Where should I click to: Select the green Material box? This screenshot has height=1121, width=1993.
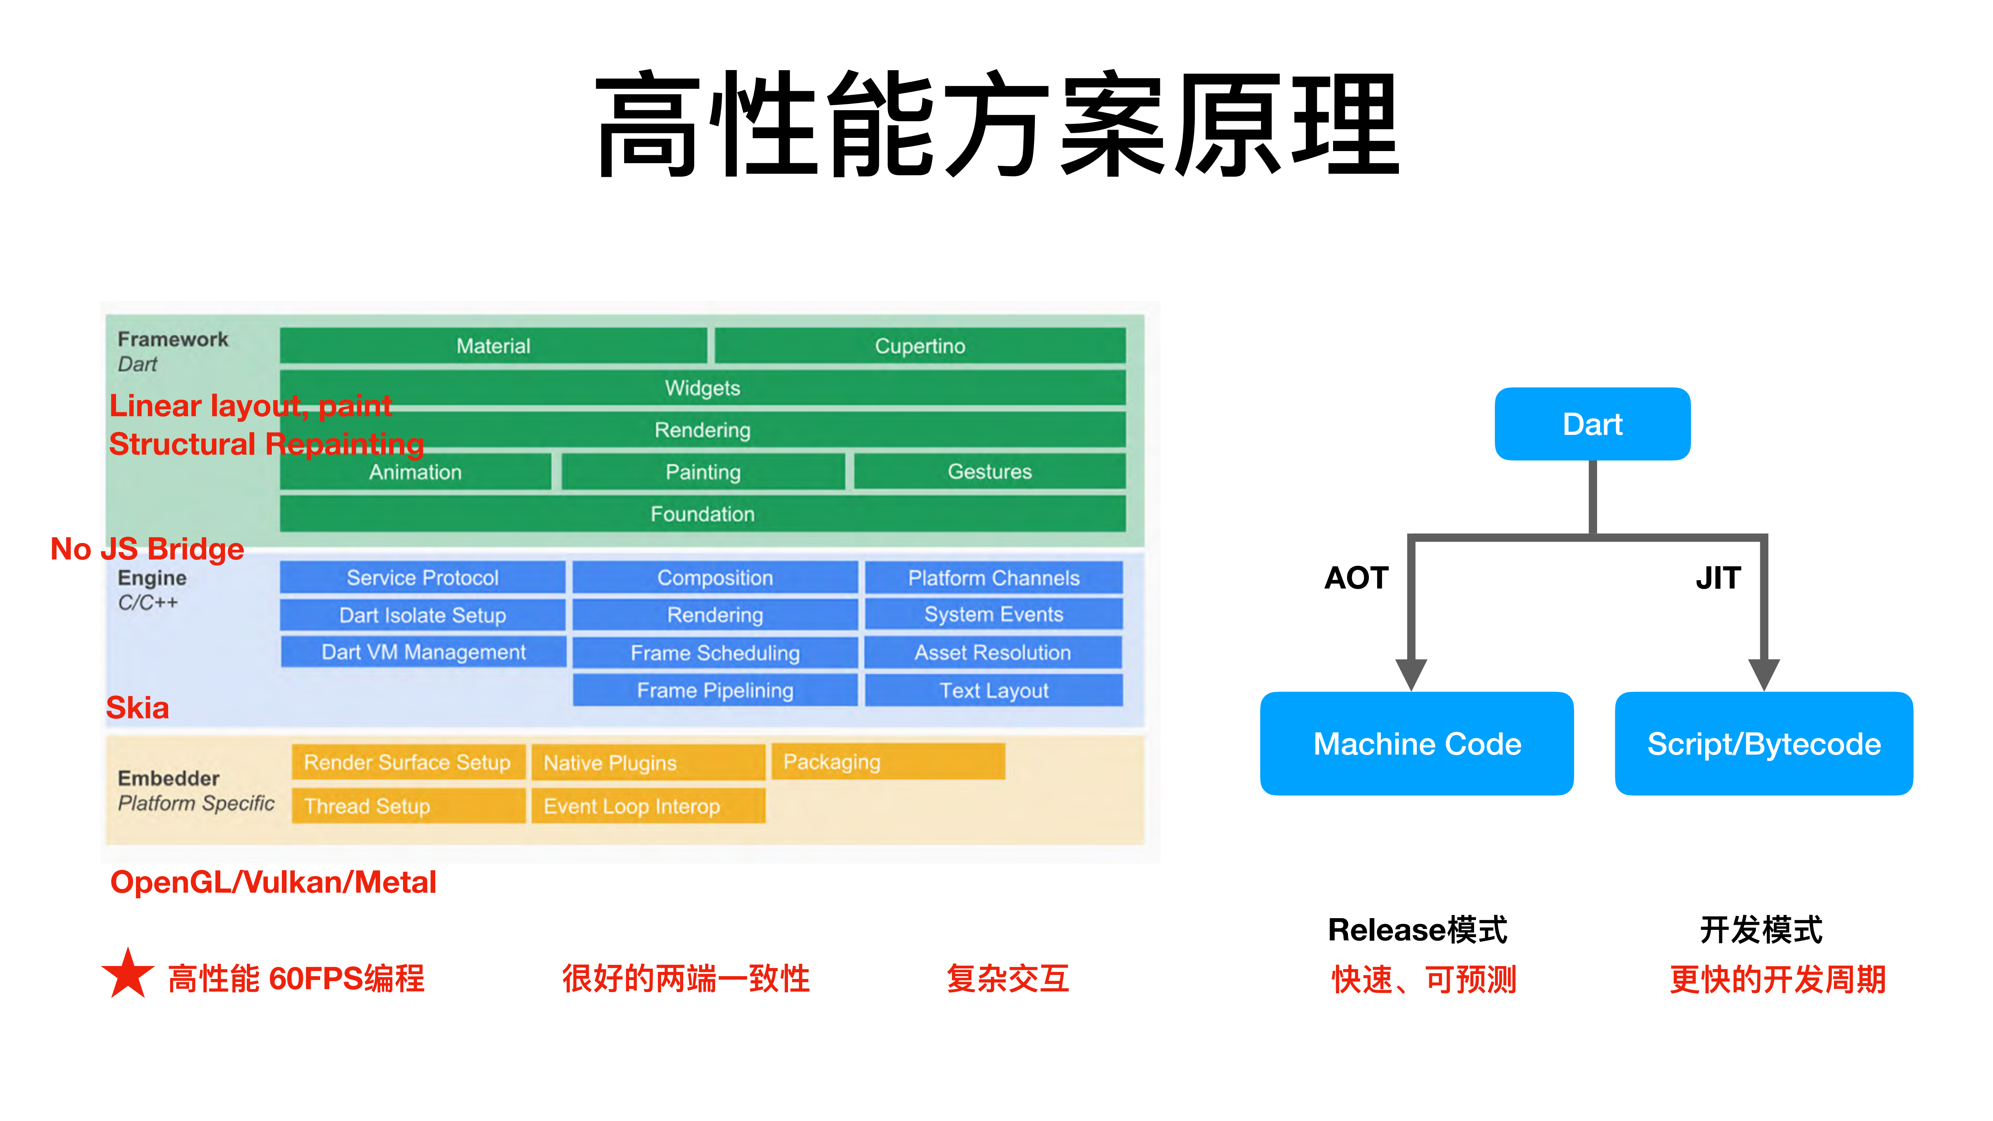(x=493, y=346)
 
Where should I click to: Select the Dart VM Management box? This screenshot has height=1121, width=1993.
(x=423, y=652)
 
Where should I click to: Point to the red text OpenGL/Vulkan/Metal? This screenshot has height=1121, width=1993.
(x=273, y=882)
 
